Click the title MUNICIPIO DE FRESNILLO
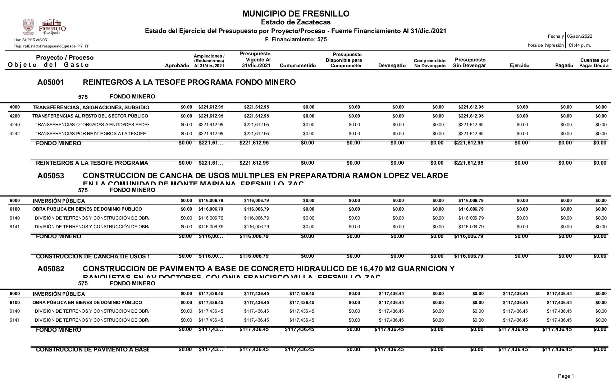(296, 14)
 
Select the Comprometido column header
(297, 65)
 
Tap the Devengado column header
(392, 65)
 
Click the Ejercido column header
(519, 65)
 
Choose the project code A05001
(50, 82)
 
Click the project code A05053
(51, 176)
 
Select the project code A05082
(51, 269)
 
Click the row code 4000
(14, 107)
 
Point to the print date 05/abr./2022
(579, 36)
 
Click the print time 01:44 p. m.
(580, 45)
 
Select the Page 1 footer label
(566, 376)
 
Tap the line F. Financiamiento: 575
(296, 40)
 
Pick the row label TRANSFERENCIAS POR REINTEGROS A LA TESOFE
(90, 134)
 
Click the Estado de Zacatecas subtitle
(296, 23)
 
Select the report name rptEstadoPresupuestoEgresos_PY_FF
(52, 46)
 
